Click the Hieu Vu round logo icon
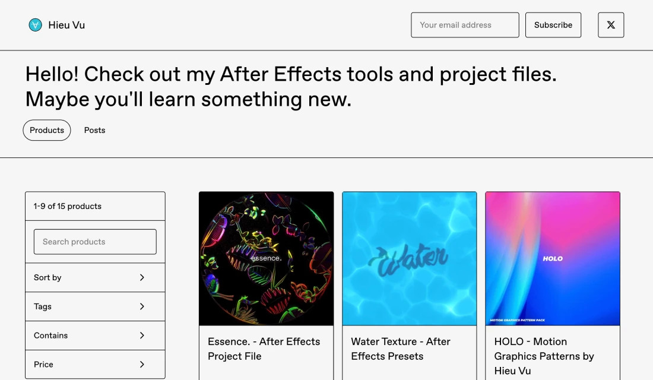pyautogui.click(x=36, y=25)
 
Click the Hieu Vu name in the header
pyautogui.click(x=66, y=25)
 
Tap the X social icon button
pyautogui.click(x=611, y=25)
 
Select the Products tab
pyautogui.click(x=47, y=130)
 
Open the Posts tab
pyautogui.click(x=94, y=130)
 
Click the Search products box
pyautogui.click(x=95, y=242)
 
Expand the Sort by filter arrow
pyautogui.click(x=142, y=277)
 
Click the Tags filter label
pyautogui.click(x=43, y=306)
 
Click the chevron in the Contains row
pyautogui.click(x=142, y=335)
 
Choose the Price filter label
pyautogui.click(x=43, y=365)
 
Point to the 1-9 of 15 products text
pyautogui.click(x=68, y=206)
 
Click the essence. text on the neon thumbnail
pyautogui.click(x=266, y=258)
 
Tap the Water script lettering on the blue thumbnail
pyautogui.click(x=408, y=259)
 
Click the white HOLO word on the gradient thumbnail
pyautogui.click(x=553, y=259)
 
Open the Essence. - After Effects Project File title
pyautogui.click(x=264, y=349)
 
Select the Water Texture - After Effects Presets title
pyautogui.click(x=401, y=349)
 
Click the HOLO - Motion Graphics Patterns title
pyautogui.click(x=544, y=356)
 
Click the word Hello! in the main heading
pyautogui.click(x=52, y=75)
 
